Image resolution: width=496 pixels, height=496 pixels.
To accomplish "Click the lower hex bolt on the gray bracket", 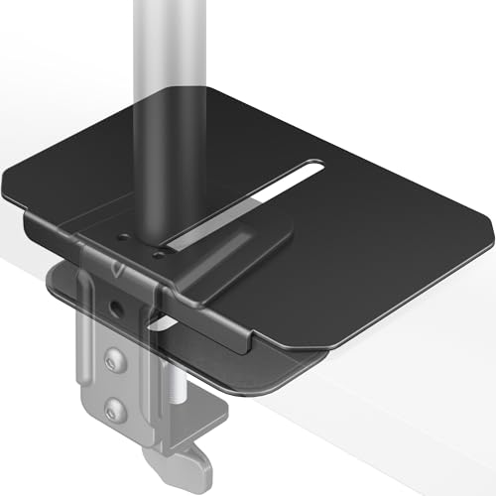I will tap(118, 408).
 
